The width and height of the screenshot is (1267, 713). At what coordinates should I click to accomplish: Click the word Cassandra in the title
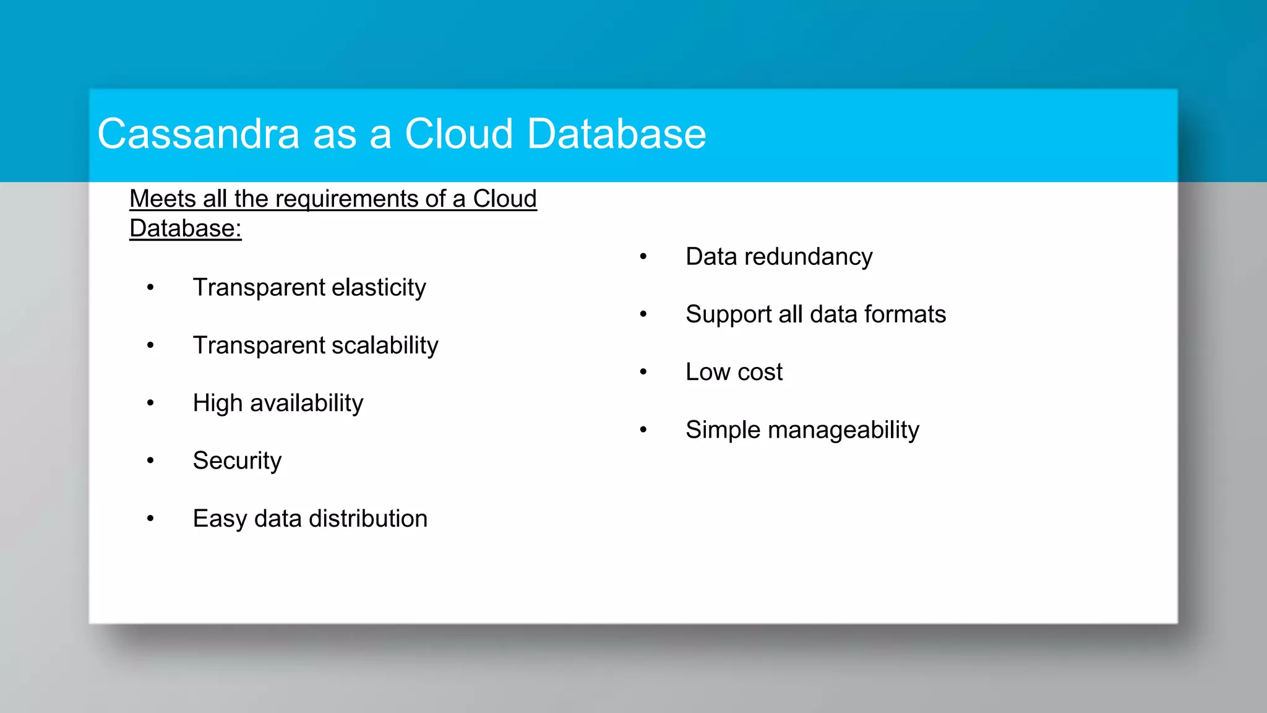[x=198, y=134]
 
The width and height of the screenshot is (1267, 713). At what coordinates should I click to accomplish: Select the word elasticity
[x=379, y=288]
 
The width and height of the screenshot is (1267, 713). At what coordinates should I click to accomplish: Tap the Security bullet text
[x=237, y=461]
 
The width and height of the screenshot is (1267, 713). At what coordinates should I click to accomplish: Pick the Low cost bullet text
[x=734, y=372]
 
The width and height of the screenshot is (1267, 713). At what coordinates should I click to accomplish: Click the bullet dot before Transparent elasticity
[x=150, y=287]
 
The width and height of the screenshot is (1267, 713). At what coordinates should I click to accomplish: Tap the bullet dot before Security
[x=150, y=460]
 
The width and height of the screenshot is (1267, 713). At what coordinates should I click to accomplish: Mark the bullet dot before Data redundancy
[x=643, y=256]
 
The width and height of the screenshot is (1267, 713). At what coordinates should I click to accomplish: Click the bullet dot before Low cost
[x=643, y=372]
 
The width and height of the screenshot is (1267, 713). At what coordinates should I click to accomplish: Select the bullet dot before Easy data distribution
[x=150, y=518]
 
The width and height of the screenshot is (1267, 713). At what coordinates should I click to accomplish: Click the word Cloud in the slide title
[x=458, y=134]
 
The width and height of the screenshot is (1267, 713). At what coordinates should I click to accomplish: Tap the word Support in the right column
[x=729, y=314]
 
